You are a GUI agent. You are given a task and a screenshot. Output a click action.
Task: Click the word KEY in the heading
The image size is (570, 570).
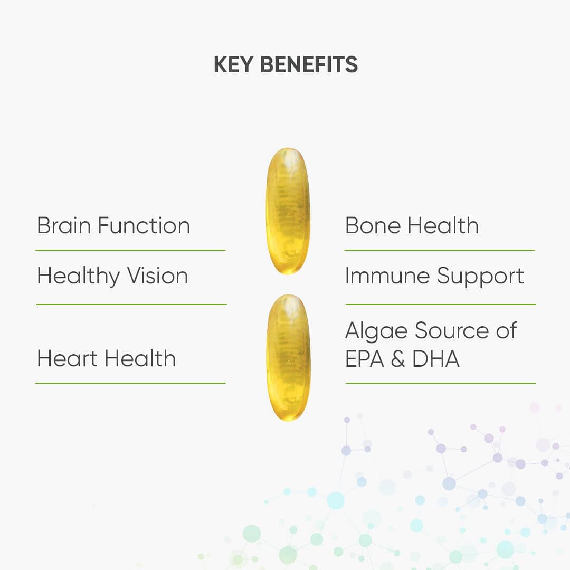[233, 65]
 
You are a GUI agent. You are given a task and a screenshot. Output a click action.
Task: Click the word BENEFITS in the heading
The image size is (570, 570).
[309, 65]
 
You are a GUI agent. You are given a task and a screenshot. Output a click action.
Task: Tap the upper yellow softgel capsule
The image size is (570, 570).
[288, 211]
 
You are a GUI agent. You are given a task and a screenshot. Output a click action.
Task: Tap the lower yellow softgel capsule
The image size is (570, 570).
[289, 358]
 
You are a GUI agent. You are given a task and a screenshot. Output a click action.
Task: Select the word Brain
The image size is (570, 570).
[64, 226]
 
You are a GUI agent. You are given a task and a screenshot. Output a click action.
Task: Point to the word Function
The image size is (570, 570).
[144, 226]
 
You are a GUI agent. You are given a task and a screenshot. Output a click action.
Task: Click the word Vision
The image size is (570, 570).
[157, 275]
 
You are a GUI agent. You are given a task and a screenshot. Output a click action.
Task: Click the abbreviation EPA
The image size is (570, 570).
[365, 359]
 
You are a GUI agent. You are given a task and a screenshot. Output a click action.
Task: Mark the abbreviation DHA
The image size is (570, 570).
[436, 359]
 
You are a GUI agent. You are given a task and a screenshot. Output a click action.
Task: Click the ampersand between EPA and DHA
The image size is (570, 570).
[398, 359]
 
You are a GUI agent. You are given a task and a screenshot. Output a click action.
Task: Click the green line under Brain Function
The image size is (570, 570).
[130, 250]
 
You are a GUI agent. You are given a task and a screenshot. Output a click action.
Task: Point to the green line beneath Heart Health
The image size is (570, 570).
[130, 383]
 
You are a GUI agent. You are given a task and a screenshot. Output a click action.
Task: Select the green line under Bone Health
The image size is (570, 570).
[440, 250]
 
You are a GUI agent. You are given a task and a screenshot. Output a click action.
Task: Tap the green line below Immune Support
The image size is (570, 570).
[441, 305]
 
